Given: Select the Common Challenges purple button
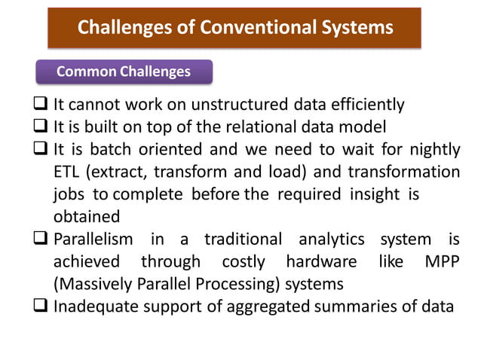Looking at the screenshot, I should tap(124, 72).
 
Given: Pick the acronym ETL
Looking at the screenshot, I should tap(69, 172).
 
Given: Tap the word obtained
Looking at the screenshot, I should tap(87, 217).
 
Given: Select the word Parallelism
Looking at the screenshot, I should tap(93, 239).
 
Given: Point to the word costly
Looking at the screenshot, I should tap(244, 262).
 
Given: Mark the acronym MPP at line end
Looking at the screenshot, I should tap(440, 262).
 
